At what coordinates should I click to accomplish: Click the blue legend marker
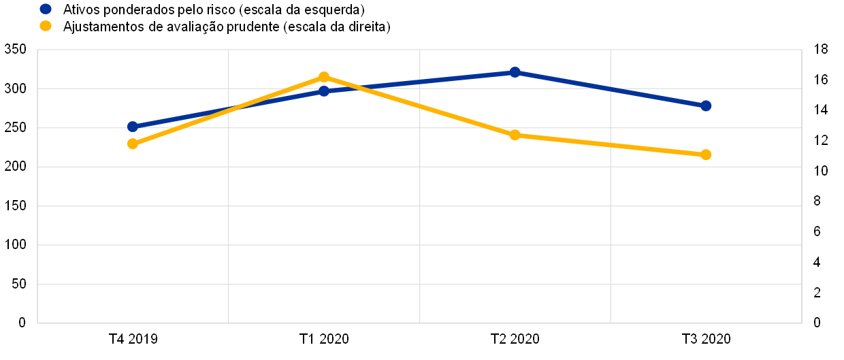(46, 9)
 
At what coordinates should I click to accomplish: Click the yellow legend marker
(46, 26)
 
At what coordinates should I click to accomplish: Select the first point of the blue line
(133, 127)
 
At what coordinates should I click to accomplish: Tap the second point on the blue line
(324, 91)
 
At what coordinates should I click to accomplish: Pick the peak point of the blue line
(515, 72)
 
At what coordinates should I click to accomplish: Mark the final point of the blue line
(706, 105)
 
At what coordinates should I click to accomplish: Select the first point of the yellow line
(133, 144)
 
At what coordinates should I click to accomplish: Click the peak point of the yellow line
(324, 77)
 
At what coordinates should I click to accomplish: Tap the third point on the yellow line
(515, 135)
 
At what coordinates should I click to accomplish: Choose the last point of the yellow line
(706, 154)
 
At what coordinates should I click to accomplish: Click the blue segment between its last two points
(610, 88)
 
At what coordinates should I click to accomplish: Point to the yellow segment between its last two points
(610, 145)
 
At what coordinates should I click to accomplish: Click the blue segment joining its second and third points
(419, 82)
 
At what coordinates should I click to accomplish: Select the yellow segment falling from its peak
(419, 106)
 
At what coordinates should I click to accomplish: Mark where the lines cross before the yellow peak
(238, 107)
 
